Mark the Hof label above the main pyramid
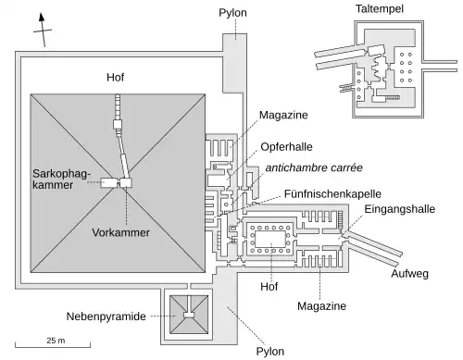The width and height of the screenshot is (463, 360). point(116,78)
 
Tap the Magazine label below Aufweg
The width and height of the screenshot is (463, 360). point(320,305)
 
